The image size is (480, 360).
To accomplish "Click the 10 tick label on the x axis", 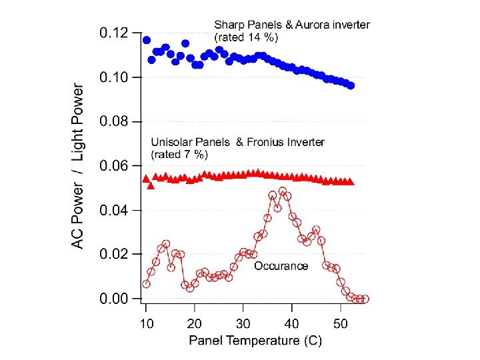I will (x=146, y=324).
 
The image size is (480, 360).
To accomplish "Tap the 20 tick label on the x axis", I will (x=195, y=324).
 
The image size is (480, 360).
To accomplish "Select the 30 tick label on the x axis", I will (x=243, y=324).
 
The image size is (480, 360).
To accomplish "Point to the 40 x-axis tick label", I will (x=291, y=324).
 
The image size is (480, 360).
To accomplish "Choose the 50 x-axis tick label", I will (x=340, y=324).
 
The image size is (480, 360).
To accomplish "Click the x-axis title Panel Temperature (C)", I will (x=255, y=341).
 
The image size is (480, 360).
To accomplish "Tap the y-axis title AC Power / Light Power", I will (x=79, y=166).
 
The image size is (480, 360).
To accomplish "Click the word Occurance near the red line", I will (x=281, y=266).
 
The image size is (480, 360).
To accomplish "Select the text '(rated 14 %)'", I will (x=246, y=37).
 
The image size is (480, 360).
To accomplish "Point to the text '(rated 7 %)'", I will (x=180, y=155).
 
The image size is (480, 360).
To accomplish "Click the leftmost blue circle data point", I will (x=147, y=40).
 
